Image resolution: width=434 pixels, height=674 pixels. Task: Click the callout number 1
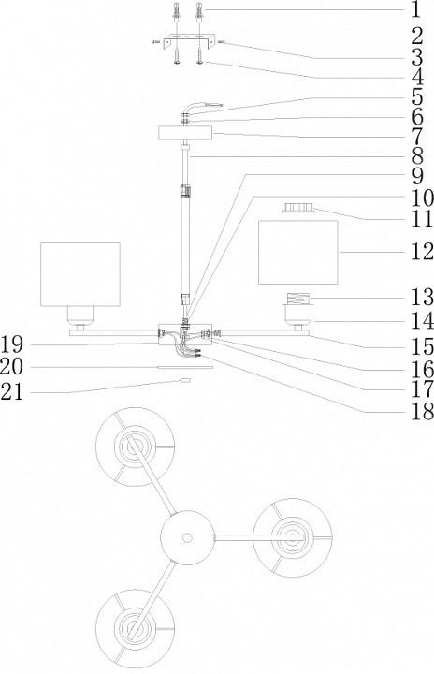coord(415,10)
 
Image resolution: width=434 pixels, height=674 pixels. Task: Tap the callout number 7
coord(416,137)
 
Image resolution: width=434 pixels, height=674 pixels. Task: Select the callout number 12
coord(423,252)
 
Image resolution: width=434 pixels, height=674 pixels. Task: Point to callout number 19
coord(11,344)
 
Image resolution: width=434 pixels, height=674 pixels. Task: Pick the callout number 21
coord(11,391)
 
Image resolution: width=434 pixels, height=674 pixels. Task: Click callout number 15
coord(423,346)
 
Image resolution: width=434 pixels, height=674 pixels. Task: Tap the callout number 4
coord(416,78)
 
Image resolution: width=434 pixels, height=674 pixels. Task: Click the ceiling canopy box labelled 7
coord(185,133)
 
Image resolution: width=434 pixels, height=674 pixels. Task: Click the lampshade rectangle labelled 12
coord(297,253)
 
